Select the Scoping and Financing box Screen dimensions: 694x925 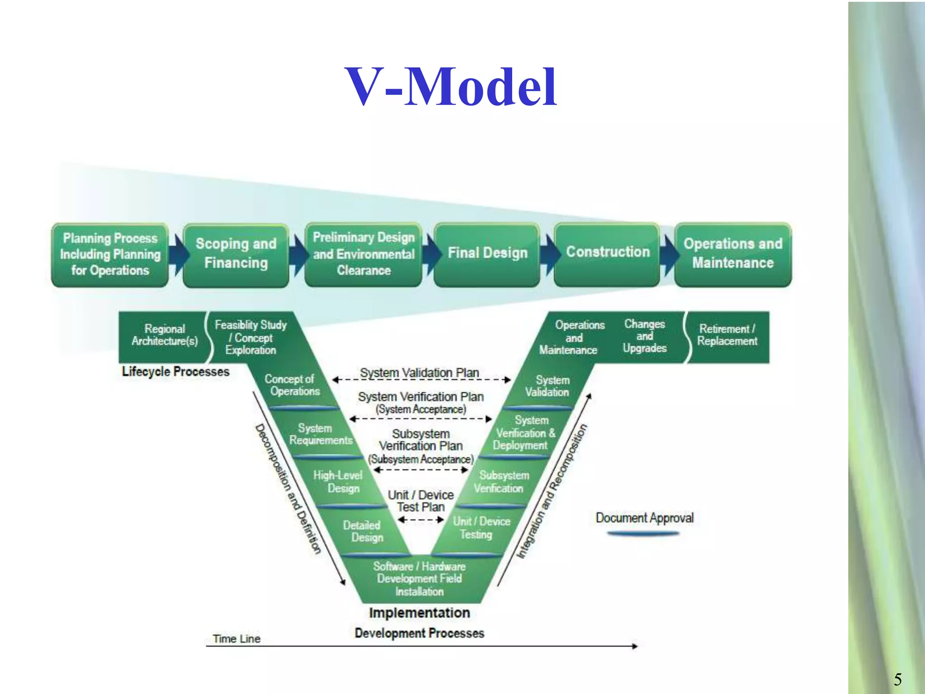click(236, 254)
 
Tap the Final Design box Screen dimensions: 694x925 click(487, 254)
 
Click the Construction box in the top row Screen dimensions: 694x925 click(607, 253)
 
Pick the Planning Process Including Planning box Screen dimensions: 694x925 click(110, 254)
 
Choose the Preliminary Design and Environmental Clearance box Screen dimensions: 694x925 click(364, 254)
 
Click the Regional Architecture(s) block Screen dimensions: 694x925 click(164, 336)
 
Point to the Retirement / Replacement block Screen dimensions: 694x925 click(727, 336)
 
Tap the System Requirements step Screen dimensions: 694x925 click(320, 434)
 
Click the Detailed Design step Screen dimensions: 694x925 click(363, 531)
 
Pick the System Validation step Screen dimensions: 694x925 click(547, 386)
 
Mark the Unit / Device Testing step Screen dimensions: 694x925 click(480, 528)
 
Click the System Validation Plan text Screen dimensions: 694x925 click(419, 373)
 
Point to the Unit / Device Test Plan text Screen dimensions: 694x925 click(421, 501)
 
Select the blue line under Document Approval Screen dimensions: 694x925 click(643, 534)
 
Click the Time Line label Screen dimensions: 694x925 click(237, 638)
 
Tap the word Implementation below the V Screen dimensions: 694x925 click(419, 613)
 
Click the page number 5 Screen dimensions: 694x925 click(898, 680)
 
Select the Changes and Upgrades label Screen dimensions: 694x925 click(645, 336)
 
